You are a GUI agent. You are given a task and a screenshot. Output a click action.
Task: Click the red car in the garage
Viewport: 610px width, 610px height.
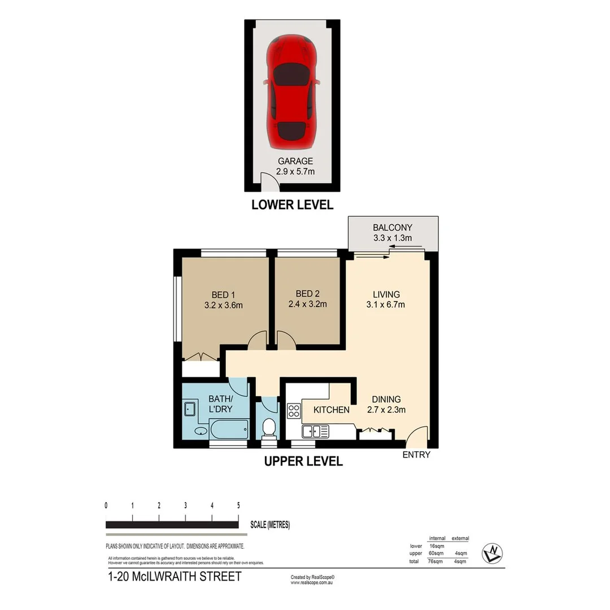[x=291, y=90]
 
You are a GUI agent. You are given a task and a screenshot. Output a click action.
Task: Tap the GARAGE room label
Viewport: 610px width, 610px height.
[x=291, y=161]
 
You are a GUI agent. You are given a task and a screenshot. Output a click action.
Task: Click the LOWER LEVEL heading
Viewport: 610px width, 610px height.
[x=292, y=205]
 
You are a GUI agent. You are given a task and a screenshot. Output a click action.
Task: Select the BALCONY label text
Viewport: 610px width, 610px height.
[x=392, y=228]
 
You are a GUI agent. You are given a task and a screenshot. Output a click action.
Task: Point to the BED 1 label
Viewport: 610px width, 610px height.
[x=223, y=295]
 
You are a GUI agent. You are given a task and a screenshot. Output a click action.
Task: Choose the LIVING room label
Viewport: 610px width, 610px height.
[x=386, y=294]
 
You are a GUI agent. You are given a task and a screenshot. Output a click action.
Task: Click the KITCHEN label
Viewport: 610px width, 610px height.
[x=332, y=409]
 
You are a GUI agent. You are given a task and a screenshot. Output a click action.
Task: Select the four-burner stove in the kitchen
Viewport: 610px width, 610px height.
[x=294, y=411]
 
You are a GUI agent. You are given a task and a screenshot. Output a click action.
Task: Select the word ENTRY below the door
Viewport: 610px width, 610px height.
[x=416, y=455]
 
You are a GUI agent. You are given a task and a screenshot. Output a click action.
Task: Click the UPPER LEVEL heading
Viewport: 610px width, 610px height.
[x=303, y=462]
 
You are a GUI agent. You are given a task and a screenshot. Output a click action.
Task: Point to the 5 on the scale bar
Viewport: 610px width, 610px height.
[x=238, y=506]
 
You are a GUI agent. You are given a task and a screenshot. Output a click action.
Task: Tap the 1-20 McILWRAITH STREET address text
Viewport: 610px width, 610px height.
[x=174, y=577]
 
